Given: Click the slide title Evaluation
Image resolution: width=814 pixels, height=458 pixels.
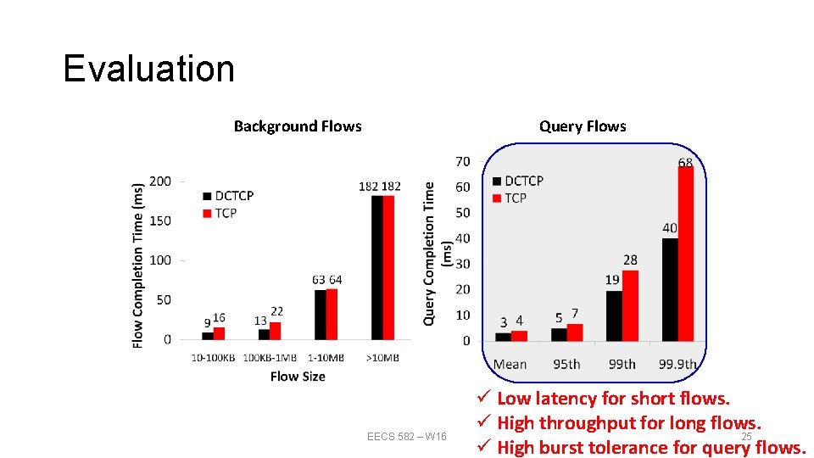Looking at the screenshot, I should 148,69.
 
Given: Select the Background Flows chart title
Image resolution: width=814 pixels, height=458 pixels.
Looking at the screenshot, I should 298,126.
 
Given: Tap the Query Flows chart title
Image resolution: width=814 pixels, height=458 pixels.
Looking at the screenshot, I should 583,126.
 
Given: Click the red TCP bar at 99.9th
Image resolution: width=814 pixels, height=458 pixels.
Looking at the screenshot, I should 686,254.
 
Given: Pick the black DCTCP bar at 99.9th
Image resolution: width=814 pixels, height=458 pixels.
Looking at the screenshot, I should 670,289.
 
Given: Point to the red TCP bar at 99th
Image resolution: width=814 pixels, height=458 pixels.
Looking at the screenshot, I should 630,305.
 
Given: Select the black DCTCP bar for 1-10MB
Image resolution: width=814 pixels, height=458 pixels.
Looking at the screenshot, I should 321,315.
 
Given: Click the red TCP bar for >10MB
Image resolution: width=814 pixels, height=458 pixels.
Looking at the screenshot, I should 388,267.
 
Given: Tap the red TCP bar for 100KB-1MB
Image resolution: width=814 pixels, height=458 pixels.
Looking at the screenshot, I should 275,331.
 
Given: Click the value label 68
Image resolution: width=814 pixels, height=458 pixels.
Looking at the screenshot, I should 685,162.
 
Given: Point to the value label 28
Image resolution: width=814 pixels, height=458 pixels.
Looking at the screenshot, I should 630,260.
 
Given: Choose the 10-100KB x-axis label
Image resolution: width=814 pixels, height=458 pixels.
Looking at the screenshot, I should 213,358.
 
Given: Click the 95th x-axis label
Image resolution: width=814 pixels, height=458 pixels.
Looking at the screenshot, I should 566,364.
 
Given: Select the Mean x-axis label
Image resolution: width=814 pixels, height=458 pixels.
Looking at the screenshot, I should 510,364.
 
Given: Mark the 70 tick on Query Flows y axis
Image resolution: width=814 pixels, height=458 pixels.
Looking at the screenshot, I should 463,161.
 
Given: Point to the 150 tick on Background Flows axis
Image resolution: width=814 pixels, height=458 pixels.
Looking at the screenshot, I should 159,221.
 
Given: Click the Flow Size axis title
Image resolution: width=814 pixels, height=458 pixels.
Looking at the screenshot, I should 298,376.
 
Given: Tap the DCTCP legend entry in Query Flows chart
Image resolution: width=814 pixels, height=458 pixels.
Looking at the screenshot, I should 518,181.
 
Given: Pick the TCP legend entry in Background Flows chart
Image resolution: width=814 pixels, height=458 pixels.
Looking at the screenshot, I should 220,213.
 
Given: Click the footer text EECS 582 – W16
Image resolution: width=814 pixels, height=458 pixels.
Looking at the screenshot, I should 407,437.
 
